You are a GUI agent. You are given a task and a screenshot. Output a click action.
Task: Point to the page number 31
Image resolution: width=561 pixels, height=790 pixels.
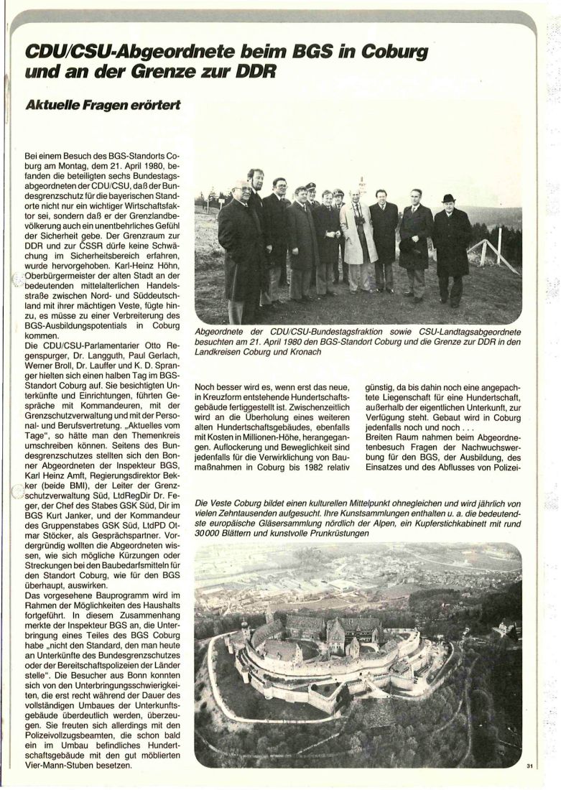point(529,767)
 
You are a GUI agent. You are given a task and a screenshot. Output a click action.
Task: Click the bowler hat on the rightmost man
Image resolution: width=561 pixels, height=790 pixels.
point(449,197)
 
